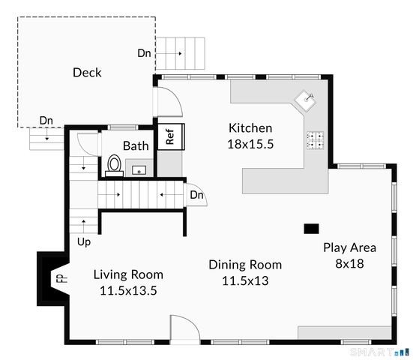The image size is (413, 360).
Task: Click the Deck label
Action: point(87,73)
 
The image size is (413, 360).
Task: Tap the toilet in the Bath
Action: point(115,166)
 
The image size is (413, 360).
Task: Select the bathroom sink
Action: point(139,170)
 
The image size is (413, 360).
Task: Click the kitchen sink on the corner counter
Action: point(305,100)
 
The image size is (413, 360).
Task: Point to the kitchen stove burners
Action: point(316,140)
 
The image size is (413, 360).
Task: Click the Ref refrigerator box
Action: point(171,136)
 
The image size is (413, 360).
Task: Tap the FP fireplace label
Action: point(62,278)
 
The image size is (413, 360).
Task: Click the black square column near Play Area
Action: point(311,229)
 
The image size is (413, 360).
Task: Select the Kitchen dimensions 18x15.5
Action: point(250,144)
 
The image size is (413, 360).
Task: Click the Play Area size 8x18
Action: point(350,263)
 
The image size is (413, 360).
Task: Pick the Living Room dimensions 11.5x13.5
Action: point(128,291)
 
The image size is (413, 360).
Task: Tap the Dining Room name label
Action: point(245,265)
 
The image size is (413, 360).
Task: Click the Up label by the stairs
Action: point(84,242)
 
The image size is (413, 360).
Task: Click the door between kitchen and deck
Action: point(169,102)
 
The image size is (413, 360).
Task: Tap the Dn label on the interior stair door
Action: point(196,195)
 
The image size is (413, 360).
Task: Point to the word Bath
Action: point(136,145)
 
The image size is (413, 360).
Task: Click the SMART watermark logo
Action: point(380,352)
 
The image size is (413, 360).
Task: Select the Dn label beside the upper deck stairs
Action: point(144,53)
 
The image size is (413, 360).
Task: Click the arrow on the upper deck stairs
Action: point(169,53)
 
